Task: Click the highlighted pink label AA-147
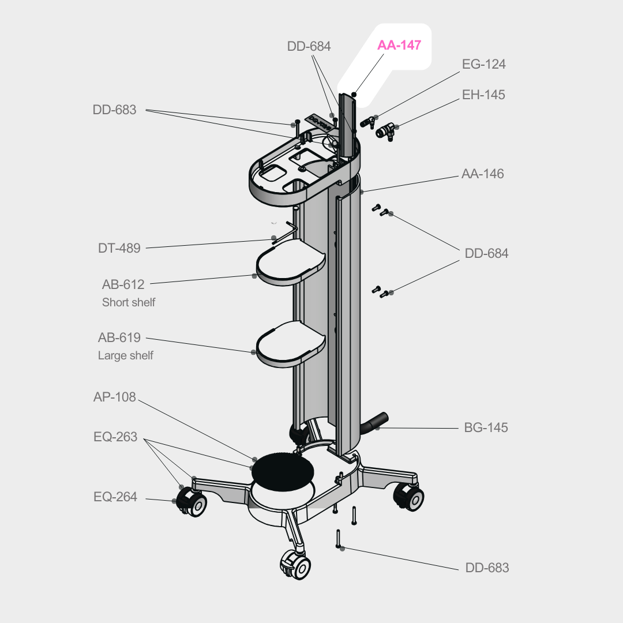(x=399, y=46)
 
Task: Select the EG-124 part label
(x=483, y=64)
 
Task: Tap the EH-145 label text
(x=483, y=95)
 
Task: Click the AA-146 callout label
(x=482, y=174)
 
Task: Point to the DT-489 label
(x=119, y=249)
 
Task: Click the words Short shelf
(x=129, y=302)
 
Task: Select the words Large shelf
(x=126, y=356)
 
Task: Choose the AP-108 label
(x=114, y=397)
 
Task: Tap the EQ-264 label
(x=115, y=497)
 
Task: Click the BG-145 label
(x=486, y=428)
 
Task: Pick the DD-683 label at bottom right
(x=487, y=568)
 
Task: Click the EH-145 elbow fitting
(x=384, y=132)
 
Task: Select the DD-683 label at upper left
(x=114, y=110)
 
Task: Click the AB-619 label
(x=119, y=338)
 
